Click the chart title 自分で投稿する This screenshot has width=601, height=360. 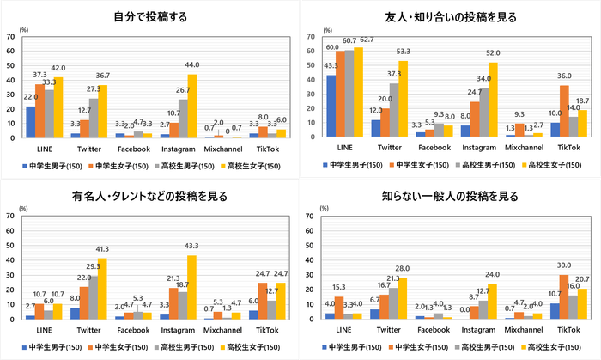click(x=150, y=16)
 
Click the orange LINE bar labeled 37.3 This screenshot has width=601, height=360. click(x=39, y=111)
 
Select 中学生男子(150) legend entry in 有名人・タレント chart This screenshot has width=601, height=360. click(x=49, y=345)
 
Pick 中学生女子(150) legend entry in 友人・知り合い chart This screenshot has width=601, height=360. click(x=413, y=163)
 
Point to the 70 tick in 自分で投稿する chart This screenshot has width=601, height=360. click(x=10, y=37)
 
